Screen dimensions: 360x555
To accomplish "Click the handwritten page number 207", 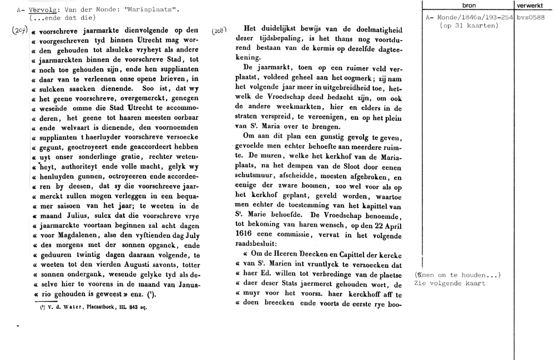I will point(20,32).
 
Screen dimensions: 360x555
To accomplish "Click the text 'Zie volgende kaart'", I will point(450,283).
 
